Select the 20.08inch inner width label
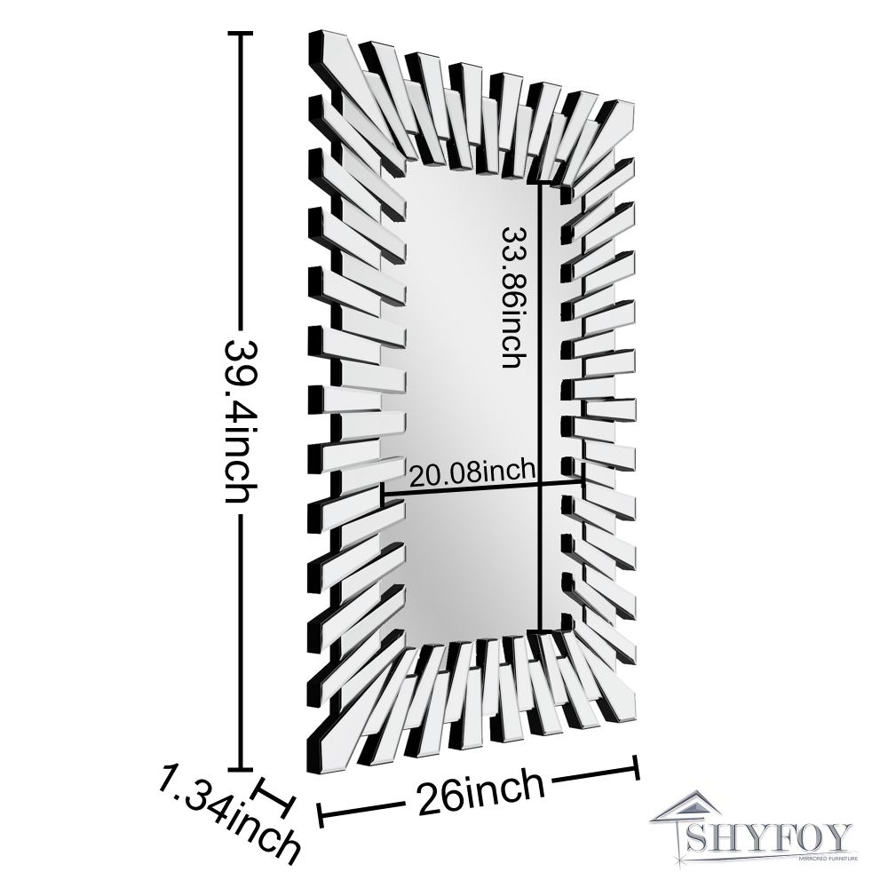coord(471,471)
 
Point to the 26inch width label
coord(478,793)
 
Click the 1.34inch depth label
coord(226,817)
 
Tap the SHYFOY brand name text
coord(772,837)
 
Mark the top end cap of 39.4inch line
coord(241,34)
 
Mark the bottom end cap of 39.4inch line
coord(241,770)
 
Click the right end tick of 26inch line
coord(636,768)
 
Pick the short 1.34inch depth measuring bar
coord(274,797)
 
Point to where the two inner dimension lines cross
coord(540,484)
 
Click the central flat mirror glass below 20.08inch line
coord(471,568)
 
